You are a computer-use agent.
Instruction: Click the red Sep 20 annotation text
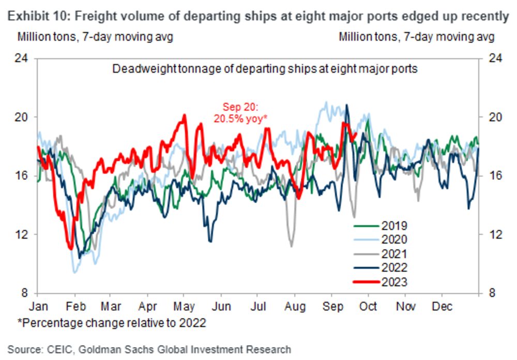pyautogui.click(x=240, y=113)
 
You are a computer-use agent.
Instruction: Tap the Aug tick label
pyautogui.click(x=295, y=306)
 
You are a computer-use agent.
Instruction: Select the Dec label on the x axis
pyautogui.click(x=443, y=306)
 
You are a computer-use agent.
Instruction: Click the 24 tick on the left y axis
pyautogui.click(x=23, y=58)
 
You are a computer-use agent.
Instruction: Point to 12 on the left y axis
pyautogui.click(x=23, y=234)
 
